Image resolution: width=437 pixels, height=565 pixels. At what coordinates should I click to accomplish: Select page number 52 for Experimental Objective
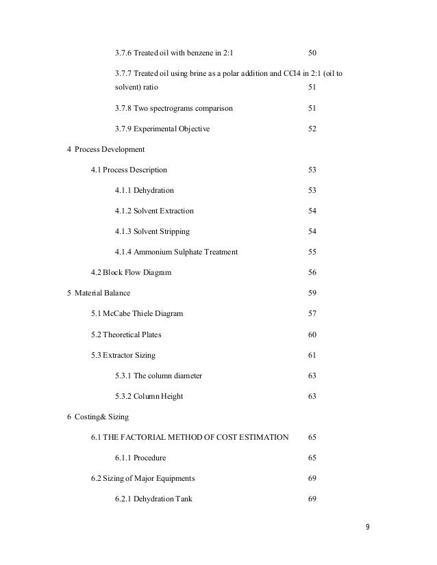pos(312,129)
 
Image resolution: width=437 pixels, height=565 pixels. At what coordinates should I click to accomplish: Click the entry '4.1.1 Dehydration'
pos(144,190)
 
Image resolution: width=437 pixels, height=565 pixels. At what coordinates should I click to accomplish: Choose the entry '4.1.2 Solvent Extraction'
pos(154,211)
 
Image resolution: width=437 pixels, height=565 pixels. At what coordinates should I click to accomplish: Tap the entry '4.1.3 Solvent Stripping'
pos(152,231)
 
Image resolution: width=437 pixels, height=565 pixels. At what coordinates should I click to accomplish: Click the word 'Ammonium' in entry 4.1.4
pos(152,252)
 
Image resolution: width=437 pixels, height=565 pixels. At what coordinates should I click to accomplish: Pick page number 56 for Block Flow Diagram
pos(312,272)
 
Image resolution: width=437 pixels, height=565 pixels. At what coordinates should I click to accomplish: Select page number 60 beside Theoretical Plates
pos(312,334)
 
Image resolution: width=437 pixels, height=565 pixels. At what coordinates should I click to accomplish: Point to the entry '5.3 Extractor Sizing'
pos(123,355)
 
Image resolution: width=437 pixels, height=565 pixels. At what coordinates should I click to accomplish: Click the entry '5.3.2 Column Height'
pos(149,396)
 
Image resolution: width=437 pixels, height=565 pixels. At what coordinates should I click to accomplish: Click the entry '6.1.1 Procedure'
pos(140,458)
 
